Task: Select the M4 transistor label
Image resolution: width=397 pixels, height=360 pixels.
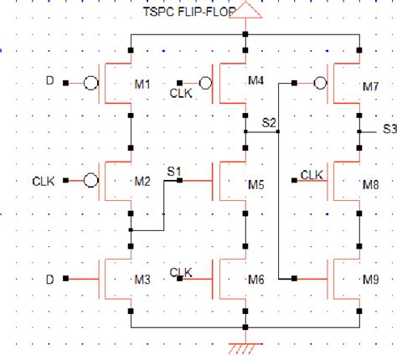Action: point(255,81)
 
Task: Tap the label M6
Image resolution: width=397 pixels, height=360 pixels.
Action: point(255,278)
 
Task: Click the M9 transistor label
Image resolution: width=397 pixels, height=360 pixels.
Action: point(370,278)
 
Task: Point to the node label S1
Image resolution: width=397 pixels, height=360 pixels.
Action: point(174,172)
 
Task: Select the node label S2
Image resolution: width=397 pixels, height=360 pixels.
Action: point(269,122)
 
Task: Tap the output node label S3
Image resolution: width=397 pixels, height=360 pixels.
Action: point(389,129)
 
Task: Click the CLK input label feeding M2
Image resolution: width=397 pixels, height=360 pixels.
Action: point(44,180)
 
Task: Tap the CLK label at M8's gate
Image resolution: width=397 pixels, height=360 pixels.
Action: point(312,174)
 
